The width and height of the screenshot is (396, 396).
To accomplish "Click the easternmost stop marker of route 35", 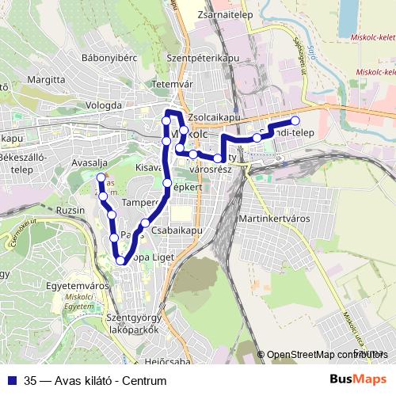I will (295, 120).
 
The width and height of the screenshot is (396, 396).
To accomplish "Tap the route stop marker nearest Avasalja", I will (101, 177).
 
